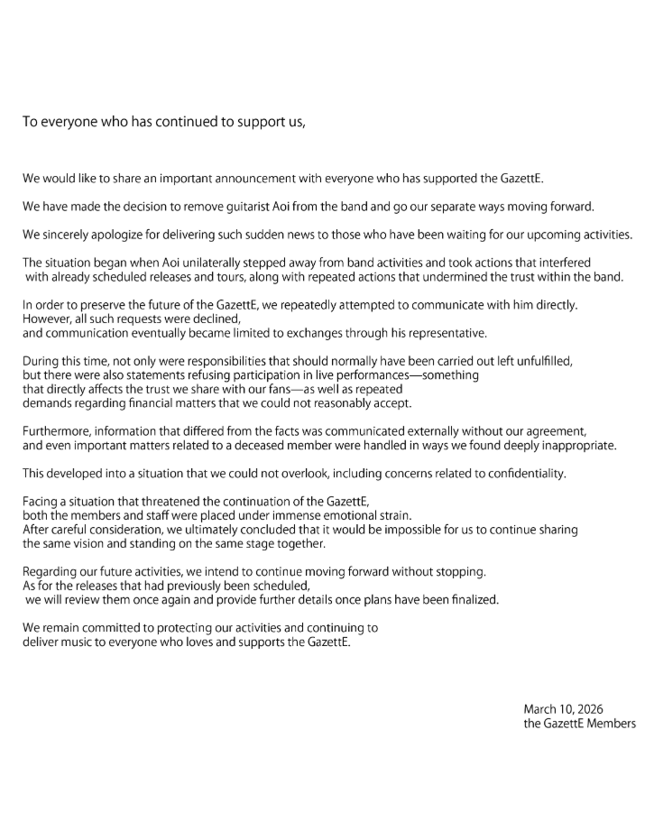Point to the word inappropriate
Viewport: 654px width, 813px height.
coord(576,445)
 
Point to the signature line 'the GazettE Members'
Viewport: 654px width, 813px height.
coord(578,723)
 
